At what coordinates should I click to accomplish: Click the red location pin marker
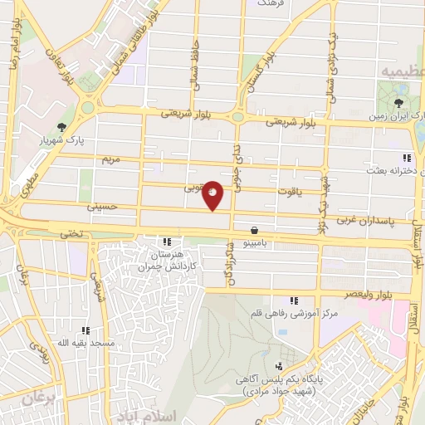point(213,195)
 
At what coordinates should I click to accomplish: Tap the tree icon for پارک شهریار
point(62,127)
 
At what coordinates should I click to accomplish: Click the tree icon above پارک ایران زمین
point(399,103)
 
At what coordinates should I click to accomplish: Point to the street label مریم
point(110,158)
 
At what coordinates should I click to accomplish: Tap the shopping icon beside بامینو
point(253,232)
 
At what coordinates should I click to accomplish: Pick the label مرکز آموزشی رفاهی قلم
point(293,313)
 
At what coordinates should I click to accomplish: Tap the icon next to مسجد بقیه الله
point(86,331)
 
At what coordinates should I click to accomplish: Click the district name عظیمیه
point(402,72)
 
